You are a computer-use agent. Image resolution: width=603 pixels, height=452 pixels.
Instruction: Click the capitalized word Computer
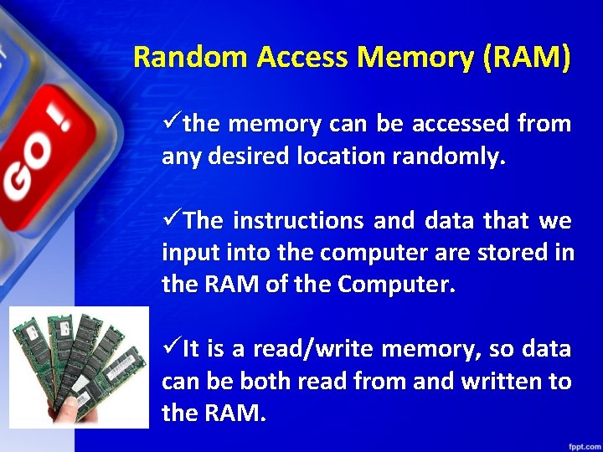tap(396, 285)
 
